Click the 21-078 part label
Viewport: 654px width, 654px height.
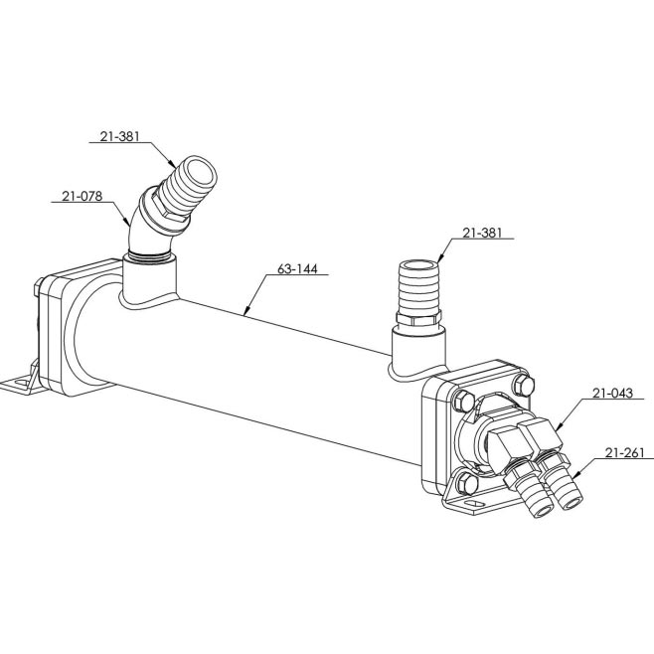(x=82, y=196)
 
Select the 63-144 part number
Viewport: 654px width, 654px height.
(x=297, y=269)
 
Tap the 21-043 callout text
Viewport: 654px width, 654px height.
(x=612, y=394)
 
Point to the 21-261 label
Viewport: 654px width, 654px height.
(x=625, y=453)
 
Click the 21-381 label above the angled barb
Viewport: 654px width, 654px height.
(x=119, y=136)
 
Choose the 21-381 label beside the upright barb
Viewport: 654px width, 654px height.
(x=482, y=234)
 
